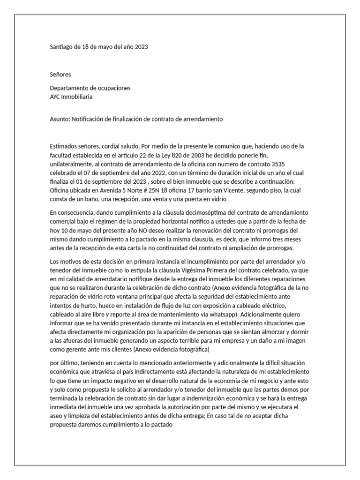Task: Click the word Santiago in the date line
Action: [61, 47]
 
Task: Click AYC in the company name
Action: [55, 97]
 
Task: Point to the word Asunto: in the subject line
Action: [60, 120]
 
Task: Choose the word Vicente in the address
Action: [249, 190]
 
